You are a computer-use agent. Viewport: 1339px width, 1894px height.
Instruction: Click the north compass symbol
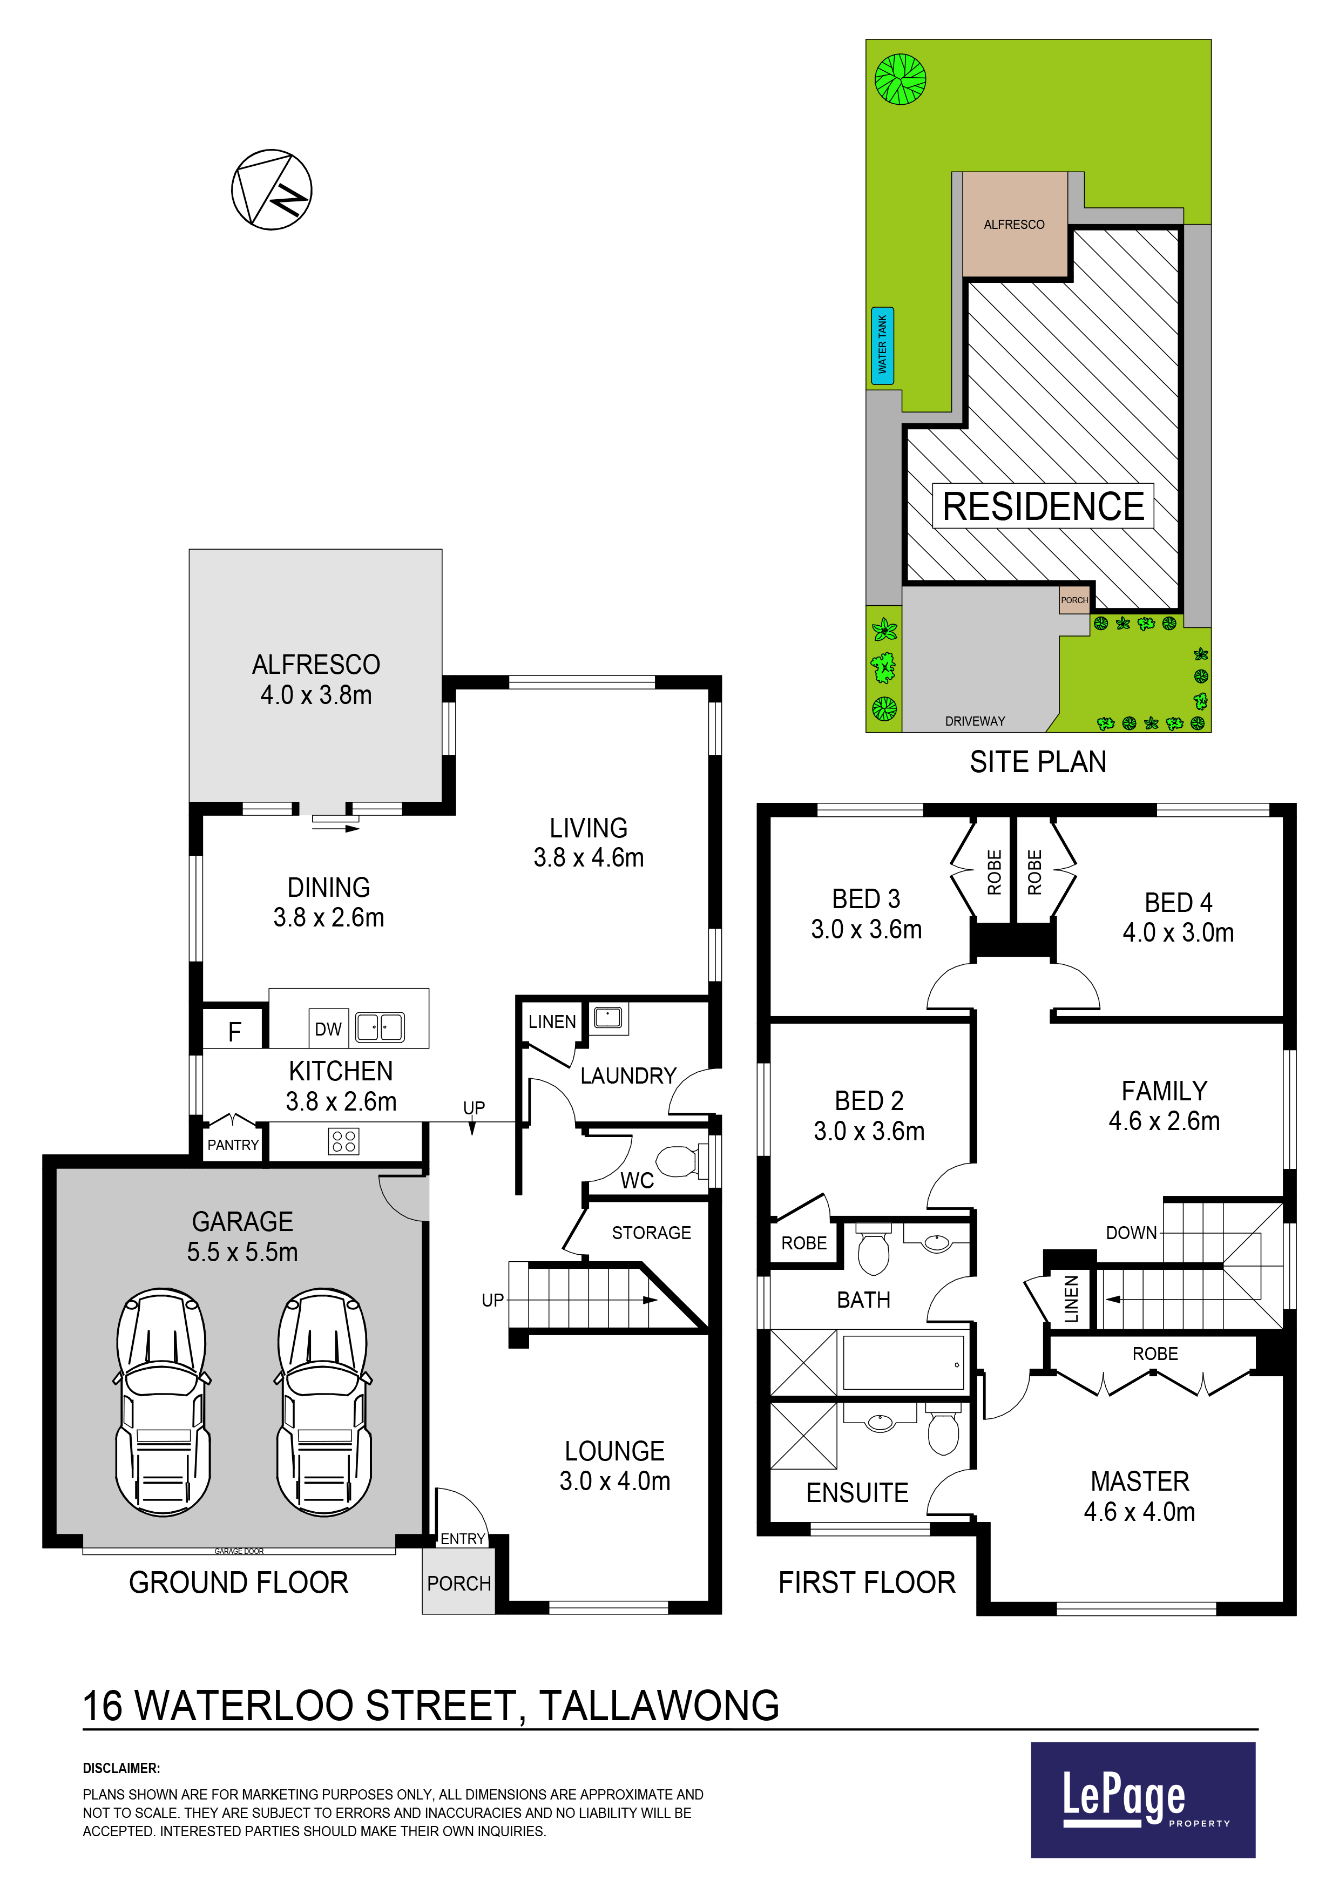click(272, 190)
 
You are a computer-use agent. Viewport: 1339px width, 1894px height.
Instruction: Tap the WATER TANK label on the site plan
click(882, 345)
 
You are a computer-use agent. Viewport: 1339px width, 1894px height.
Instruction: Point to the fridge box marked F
click(234, 1030)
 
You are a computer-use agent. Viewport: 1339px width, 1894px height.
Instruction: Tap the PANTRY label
click(233, 1145)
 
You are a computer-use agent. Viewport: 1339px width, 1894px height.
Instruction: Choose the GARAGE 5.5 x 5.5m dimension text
click(242, 1236)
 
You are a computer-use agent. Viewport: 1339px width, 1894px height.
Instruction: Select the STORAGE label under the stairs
click(651, 1233)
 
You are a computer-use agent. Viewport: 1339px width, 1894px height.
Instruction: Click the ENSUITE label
click(857, 1493)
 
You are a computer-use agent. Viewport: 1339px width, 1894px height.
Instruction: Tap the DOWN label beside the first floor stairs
click(1131, 1233)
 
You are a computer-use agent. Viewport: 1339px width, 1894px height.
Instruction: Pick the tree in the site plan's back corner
click(900, 79)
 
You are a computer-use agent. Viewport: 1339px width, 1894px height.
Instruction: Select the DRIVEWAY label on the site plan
click(975, 721)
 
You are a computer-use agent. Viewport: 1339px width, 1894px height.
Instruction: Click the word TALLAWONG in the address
click(659, 1706)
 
